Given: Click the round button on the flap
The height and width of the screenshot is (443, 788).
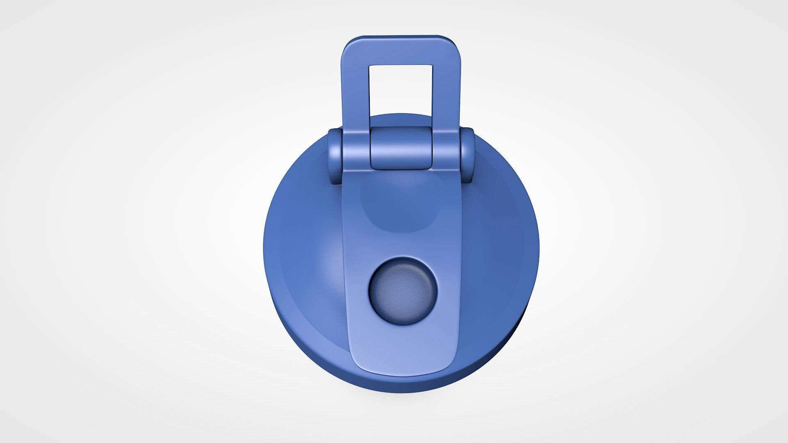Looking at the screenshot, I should point(403,291).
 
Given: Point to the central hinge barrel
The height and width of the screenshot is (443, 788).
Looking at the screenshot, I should point(401,148).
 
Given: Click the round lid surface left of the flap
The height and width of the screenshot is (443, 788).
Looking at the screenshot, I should point(304,263).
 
